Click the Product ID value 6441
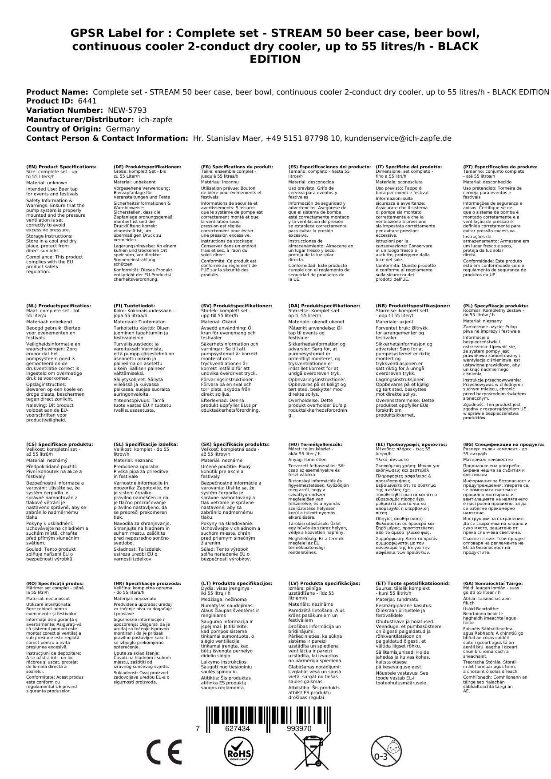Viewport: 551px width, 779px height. click(87, 101)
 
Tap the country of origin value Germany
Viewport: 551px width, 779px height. click(123, 129)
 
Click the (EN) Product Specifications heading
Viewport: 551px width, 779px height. click(61, 167)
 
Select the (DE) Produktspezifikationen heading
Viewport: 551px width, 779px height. click(147, 167)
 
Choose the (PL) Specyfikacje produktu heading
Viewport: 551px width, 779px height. click(496, 306)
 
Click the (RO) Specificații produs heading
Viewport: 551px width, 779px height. click(55, 583)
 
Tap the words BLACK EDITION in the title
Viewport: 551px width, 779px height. click(275, 53)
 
